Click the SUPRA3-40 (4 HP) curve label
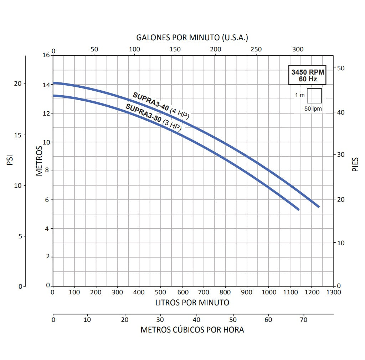coord(161,106)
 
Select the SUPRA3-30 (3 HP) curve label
coord(153,117)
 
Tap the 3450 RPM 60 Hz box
coord(307,75)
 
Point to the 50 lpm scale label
coord(313,108)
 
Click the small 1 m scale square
coord(314,96)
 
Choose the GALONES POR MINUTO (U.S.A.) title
coord(192,37)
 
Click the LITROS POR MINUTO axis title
coord(192,303)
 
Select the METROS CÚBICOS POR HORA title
coord(192,329)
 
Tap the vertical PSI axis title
coord(10,160)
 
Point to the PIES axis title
coord(355,164)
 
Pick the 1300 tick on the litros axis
coord(333,292)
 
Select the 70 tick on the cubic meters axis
coord(303,320)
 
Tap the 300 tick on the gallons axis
coord(298,50)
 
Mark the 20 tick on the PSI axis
coord(17,83)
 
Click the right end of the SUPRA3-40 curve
coord(318,207)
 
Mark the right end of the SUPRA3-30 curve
coord(298,209)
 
